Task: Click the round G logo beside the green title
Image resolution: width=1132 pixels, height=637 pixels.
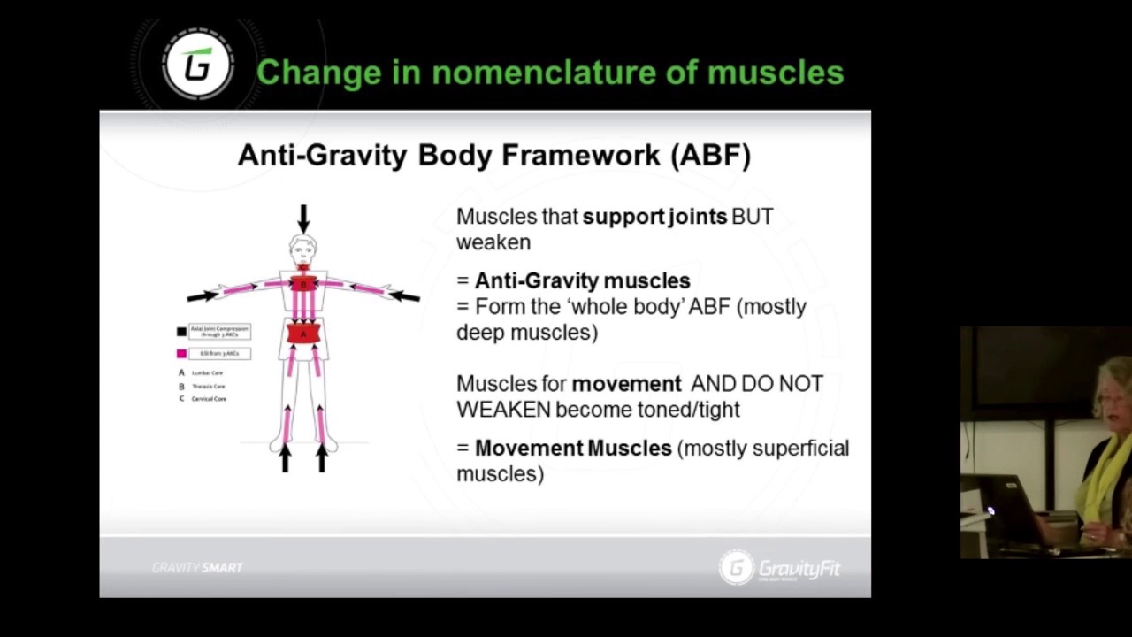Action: tap(198, 65)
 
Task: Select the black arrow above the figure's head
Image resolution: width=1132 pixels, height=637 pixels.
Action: tap(303, 219)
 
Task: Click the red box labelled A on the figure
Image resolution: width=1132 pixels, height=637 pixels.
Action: tap(303, 334)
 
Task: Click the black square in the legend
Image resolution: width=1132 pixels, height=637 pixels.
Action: tap(181, 332)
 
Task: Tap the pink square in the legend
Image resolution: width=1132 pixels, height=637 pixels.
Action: tap(181, 354)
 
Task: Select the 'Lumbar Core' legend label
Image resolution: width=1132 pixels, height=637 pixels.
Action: tap(208, 373)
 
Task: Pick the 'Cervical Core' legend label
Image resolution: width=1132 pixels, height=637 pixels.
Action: tap(209, 399)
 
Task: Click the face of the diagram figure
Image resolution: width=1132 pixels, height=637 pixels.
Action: tap(303, 248)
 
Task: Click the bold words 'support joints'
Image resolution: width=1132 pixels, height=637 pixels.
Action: tap(654, 217)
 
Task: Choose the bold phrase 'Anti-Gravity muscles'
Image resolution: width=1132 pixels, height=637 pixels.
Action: tap(582, 281)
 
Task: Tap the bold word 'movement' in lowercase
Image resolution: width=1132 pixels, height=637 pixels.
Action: tap(626, 384)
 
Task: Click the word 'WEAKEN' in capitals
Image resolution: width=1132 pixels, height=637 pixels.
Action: tap(503, 410)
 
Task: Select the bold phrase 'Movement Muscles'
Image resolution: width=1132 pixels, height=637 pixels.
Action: tap(573, 449)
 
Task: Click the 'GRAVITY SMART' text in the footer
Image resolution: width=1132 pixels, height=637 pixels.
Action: tap(197, 568)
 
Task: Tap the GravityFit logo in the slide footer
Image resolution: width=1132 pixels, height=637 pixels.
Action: tap(780, 568)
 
